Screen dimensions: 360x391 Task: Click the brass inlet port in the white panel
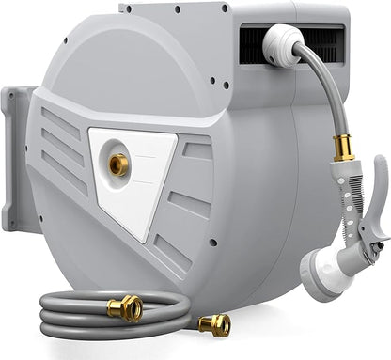pos(120,164)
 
